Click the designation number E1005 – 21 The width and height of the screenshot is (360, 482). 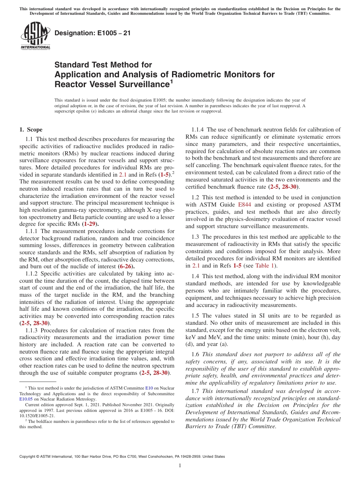93,33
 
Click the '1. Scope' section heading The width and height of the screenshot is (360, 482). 31,130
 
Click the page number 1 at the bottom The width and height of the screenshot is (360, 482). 180,466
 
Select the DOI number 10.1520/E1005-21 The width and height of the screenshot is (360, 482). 37,415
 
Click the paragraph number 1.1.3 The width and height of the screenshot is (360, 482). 32,330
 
